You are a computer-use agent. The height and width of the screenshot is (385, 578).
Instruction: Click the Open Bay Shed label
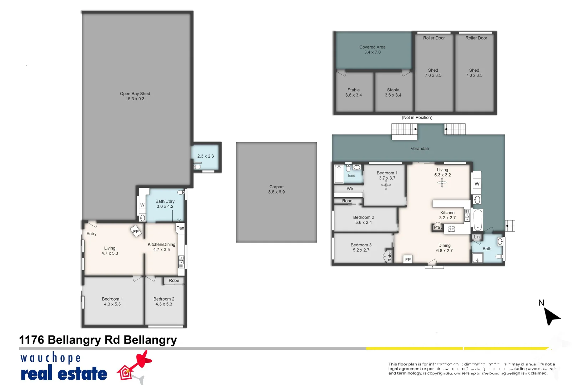(x=135, y=96)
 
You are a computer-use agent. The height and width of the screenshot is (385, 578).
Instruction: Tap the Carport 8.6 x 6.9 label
(x=277, y=189)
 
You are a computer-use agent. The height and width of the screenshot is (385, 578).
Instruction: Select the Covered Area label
(x=372, y=50)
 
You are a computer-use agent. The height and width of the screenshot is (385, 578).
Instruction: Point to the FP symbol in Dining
(x=408, y=260)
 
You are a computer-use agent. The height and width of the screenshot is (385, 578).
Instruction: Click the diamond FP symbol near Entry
(x=136, y=232)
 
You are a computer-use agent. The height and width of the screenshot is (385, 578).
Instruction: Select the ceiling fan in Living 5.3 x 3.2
(x=442, y=183)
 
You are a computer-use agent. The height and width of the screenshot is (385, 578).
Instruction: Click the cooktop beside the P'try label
(x=451, y=229)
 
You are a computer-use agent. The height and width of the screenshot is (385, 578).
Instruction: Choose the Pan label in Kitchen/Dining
(x=180, y=228)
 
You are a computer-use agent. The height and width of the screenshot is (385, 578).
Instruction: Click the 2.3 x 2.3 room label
(x=206, y=156)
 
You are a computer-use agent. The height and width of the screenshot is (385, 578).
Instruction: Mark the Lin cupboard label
(x=477, y=237)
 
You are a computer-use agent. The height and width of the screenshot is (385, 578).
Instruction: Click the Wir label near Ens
(x=350, y=189)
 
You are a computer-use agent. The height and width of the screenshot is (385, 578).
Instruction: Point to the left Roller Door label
(x=434, y=38)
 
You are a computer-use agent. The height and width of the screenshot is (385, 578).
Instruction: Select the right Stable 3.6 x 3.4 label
(x=393, y=92)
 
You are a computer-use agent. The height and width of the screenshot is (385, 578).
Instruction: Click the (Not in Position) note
(x=417, y=118)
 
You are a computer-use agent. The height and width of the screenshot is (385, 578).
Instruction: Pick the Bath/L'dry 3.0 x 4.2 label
(x=165, y=204)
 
